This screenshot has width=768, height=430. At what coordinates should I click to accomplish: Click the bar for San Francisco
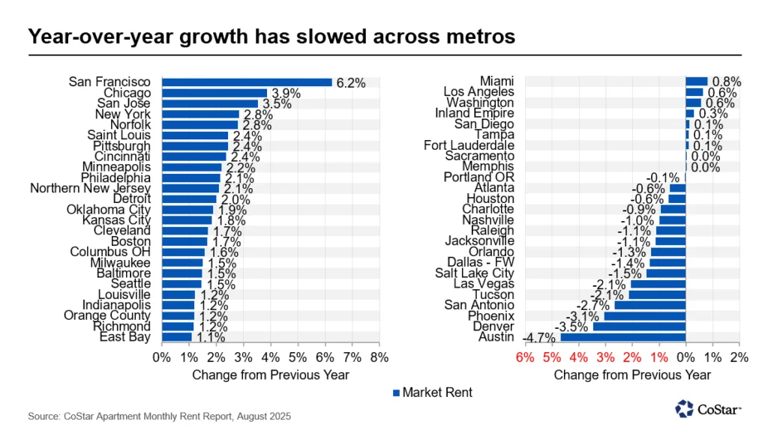[247, 82]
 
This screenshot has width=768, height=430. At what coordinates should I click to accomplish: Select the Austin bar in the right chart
[623, 337]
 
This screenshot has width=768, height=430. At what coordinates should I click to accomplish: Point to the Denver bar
[639, 327]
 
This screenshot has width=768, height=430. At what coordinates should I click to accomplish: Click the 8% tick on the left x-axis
[379, 357]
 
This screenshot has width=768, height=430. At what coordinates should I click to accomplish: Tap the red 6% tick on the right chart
[524, 357]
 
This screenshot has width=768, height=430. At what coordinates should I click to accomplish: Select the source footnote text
[159, 415]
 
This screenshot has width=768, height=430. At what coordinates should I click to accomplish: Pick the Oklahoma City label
[109, 210]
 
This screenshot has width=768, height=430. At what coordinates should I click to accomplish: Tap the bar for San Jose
[210, 103]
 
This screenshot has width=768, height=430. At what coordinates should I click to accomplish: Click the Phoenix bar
[644, 316]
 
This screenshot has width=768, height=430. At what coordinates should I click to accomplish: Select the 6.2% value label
[350, 82]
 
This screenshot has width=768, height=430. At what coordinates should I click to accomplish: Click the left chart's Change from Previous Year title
[271, 375]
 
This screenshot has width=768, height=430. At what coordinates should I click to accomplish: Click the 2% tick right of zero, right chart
[739, 357]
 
